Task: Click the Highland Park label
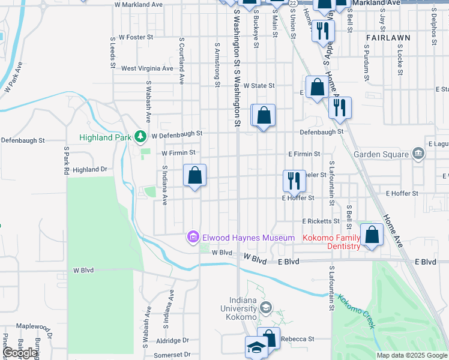tap(105, 137)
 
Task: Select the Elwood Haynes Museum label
tap(248, 238)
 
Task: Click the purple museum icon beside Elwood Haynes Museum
tap(193, 238)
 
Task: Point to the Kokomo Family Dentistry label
tap(331, 242)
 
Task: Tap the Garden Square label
tap(381, 154)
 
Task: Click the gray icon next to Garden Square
tap(418, 154)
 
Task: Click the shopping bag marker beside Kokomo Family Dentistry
tap(372, 235)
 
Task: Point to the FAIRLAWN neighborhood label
tap(388, 37)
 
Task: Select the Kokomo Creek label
tap(355, 311)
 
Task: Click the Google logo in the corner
tap(20, 353)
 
